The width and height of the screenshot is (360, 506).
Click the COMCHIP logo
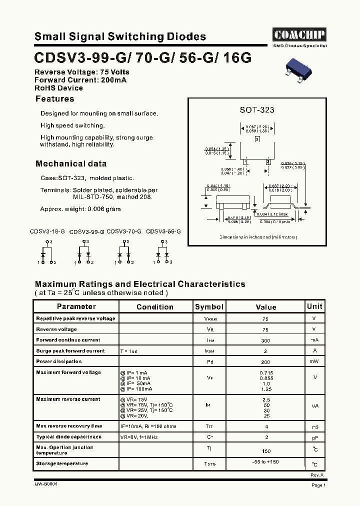coord(299,35)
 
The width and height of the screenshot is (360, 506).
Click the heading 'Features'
coord(54,99)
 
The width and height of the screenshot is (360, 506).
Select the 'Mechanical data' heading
coord(71,163)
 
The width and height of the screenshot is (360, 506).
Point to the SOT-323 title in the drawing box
coord(257,110)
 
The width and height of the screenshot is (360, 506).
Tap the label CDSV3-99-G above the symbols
coord(86,232)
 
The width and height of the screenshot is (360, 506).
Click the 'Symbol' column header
coord(209,307)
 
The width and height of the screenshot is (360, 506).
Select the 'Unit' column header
coord(314,306)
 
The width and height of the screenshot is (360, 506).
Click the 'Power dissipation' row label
coord(58,361)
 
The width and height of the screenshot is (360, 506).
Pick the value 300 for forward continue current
coord(265,340)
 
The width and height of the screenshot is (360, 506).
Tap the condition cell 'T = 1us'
coord(128,351)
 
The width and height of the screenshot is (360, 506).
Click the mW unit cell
coord(314,361)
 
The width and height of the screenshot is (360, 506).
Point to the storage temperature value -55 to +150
coord(265,462)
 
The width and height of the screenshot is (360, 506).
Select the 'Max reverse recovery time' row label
coord(69,426)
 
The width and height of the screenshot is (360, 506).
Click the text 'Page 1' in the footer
coord(318,485)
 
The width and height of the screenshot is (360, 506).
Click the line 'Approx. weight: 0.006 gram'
coord(80,209)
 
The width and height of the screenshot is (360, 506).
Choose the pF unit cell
coord(314,437)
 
